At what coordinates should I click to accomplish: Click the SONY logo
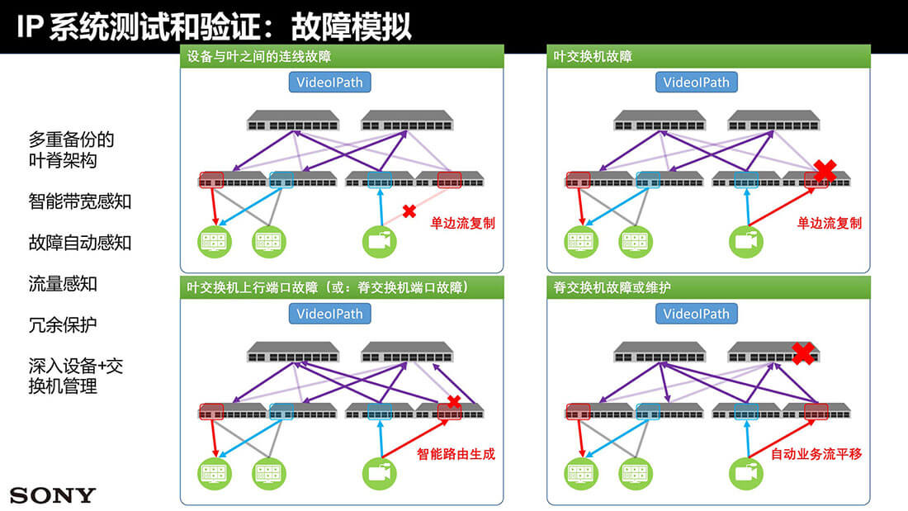53,495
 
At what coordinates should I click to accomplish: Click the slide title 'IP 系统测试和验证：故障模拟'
214,26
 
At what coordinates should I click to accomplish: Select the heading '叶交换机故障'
594,57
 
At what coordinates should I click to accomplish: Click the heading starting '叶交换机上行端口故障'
329,288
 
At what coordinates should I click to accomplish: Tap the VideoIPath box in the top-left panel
329,83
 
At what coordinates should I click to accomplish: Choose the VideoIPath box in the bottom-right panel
697,314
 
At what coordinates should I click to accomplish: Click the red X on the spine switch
803,353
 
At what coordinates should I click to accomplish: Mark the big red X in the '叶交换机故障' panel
825,172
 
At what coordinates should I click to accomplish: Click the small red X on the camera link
408,211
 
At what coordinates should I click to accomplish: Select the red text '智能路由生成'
456,454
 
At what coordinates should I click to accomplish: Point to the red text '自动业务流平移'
816,454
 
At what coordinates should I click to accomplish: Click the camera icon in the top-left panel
380,241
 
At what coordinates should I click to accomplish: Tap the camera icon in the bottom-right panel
746,473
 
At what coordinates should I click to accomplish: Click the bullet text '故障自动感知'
80,243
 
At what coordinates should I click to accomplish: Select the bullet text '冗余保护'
63,325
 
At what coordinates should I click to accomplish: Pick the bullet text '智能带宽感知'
80,201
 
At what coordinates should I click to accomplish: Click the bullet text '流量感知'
63,284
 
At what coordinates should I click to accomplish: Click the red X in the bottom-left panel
452,402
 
